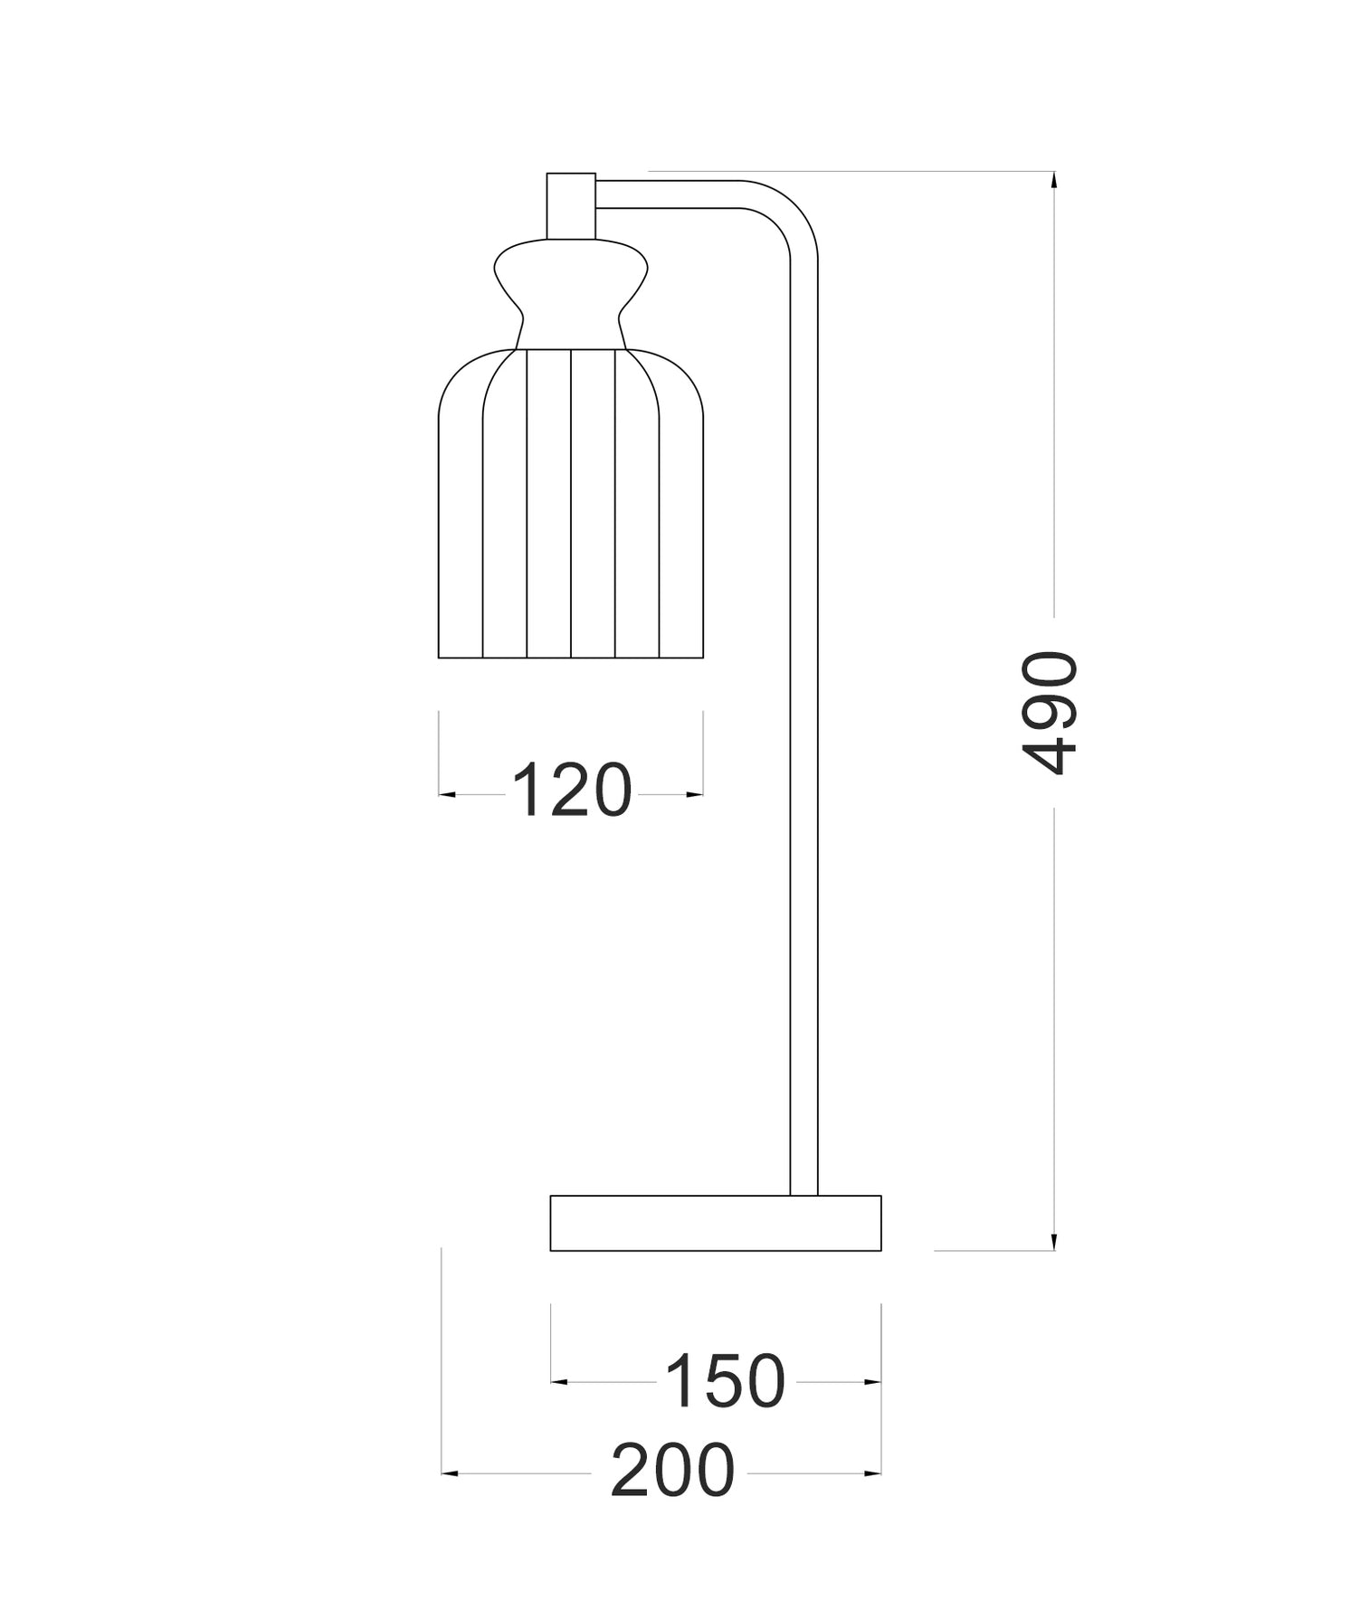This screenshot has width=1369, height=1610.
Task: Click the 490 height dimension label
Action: click(x=1051, y=712)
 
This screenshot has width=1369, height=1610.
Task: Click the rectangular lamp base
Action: click(x=715, y=1223)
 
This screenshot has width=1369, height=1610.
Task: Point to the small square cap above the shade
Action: click(x=571, y=205)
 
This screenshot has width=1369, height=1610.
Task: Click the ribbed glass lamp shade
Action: click(x=571, y=507)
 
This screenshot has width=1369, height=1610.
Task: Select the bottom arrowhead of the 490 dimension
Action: click(x=1053, y=1241)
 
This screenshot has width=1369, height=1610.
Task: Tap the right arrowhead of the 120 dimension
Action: click(x=695, y=794)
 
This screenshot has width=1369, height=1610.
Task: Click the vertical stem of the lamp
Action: click(x=803, y=724)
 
